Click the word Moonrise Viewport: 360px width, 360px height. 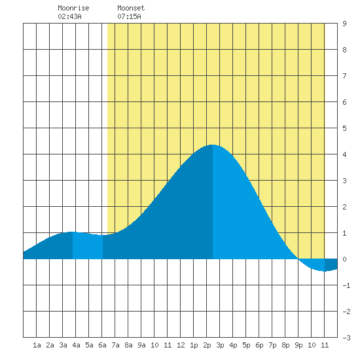(x=73, y=8)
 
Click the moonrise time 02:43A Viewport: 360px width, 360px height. (x=69, y=16)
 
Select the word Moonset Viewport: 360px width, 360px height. (x=131, y=8)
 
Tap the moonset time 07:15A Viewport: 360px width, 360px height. (x=129, y=16)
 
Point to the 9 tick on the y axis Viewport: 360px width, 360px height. (x=344, y=24)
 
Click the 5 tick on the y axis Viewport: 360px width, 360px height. (x=344, y=128)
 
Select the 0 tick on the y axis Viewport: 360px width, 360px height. (x=344, y=259)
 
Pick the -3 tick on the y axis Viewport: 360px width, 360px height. (x=346, y=338)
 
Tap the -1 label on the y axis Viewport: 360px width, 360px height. (x=346, y=285)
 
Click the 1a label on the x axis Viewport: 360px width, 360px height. (x=37, y=345)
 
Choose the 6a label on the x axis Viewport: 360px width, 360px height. (x=102, y=345)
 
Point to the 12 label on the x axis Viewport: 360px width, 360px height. (x=181, y=345)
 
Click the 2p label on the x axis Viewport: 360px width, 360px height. (x=207, y=345)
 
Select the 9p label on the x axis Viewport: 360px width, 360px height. (x=298, y=345)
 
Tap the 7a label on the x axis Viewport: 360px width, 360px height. (x=115, y=345)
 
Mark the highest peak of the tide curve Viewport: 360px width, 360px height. (x=213, y=145)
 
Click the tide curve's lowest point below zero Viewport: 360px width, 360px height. (x=324, y=271)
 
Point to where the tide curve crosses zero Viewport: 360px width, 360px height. (x=298, y=259)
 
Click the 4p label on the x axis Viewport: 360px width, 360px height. (x=233, y=345)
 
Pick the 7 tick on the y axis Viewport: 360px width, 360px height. (x=344, y=76)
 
